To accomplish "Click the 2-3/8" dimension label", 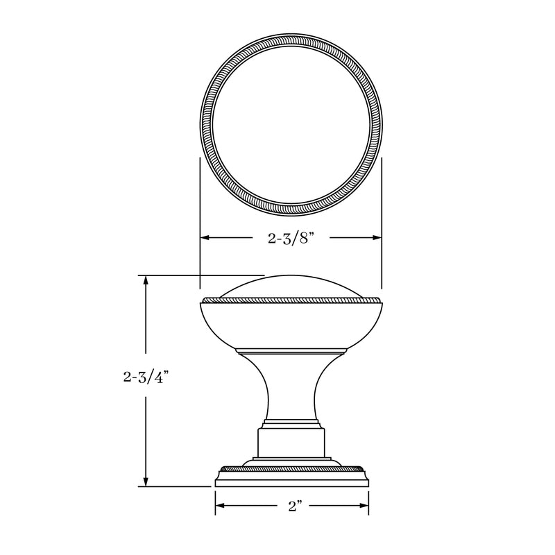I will tap(291, 238).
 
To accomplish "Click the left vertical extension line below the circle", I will tap(200, 208).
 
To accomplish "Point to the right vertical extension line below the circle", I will tap(382, 208).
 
